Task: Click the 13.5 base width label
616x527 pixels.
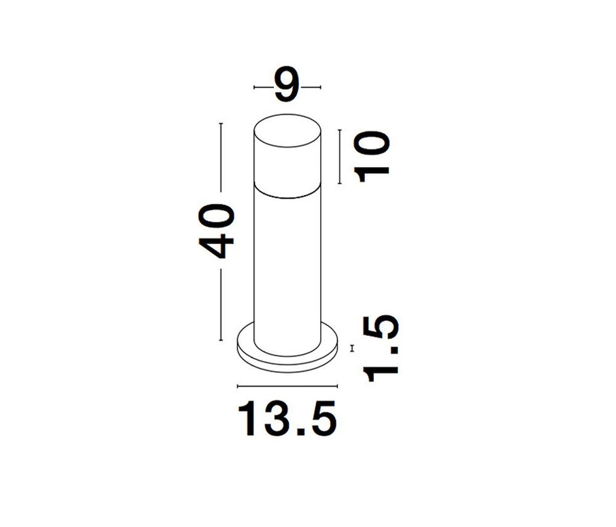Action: (x=287, y=419)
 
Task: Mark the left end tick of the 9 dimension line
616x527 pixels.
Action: (x=254, y=87)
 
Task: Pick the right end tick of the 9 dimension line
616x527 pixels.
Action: (x=320, y=87)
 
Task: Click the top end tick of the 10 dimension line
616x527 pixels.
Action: (x=340, y=129)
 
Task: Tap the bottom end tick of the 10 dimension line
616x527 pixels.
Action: (x=340, y=183)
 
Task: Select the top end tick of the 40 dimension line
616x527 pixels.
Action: (x=221, y=123)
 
